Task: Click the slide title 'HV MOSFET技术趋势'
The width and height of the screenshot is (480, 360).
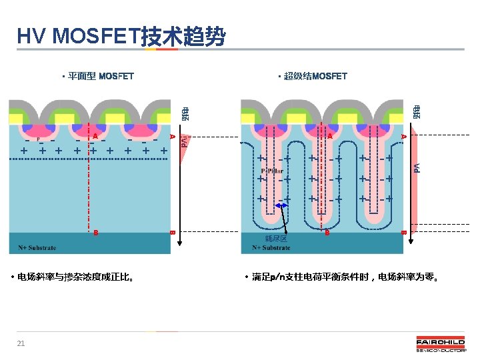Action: click(121, 37)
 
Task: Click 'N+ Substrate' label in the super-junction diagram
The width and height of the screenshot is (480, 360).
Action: click(271, 248)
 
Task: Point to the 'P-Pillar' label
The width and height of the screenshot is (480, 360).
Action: click(272, 170)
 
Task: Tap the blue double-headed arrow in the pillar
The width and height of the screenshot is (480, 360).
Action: click(275, 206)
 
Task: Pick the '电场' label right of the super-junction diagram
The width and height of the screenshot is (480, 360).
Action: click(417, 113)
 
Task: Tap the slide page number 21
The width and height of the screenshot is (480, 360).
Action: click(21, 343)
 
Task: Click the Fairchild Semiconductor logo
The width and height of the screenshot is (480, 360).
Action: click(441, 345)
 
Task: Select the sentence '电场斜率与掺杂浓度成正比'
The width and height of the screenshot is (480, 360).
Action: click(77, 277)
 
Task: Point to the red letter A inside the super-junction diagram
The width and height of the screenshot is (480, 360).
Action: click(329, 136)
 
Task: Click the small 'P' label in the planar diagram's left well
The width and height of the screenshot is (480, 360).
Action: click(37, 140)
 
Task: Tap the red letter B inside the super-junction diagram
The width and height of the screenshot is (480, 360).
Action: click(327, 233)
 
